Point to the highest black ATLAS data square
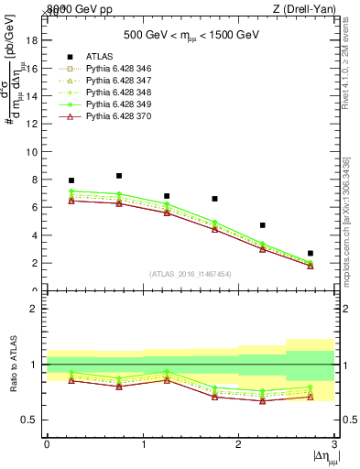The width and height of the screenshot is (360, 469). coord(119,176)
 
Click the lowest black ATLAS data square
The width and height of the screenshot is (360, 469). coord(311,253)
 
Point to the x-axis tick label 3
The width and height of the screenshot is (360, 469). coord(335,444)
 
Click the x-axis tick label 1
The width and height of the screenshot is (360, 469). coord(143,444)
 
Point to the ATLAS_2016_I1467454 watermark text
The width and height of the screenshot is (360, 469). coord(191,273)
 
